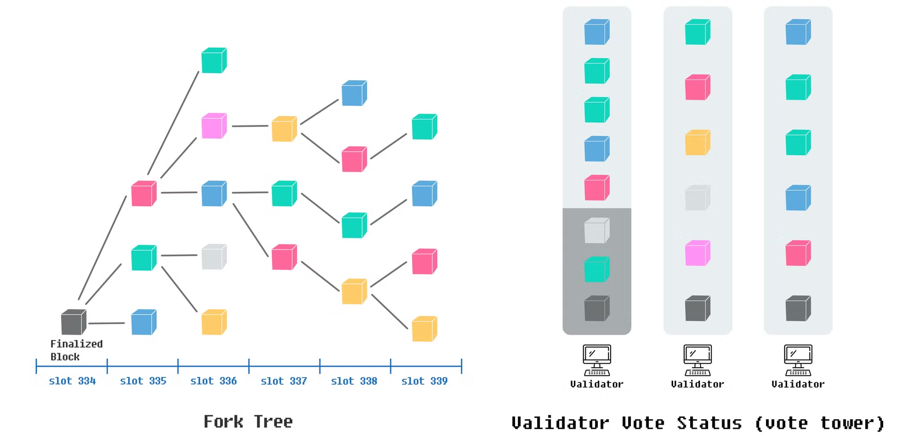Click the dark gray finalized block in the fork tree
coord(74,322)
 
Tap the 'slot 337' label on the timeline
coord(284,381)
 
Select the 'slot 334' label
coord(72,381)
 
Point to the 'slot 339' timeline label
coord(425,381)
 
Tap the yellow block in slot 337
coord(284,129)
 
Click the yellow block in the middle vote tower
coord(698,143)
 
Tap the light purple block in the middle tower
coord(698,253)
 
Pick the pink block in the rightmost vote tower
coord(798,253)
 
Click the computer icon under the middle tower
coord(698,360)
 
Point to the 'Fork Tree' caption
coord(248,421)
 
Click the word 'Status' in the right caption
coord(709,423)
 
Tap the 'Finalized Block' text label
coord(76,350)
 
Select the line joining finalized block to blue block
coord(107,323)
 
